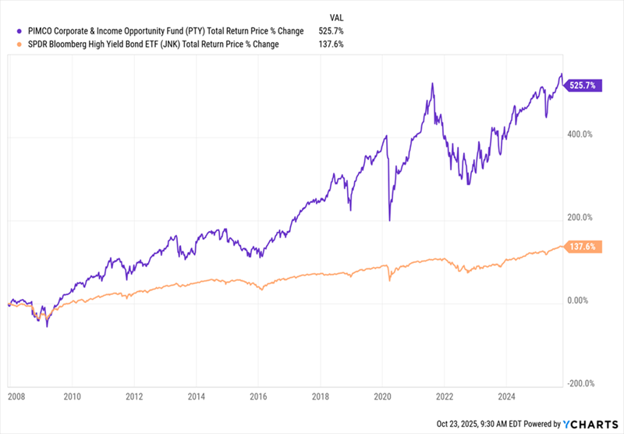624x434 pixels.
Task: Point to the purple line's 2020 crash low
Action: (388, 221)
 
